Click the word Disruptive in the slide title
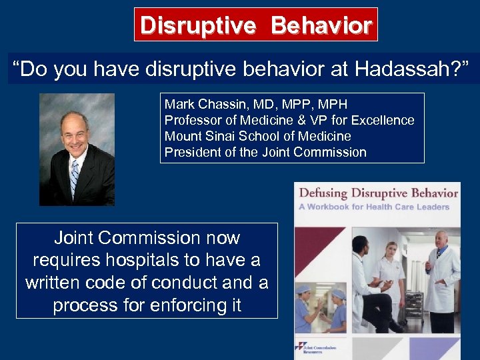(197, 25)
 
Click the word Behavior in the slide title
(321, 25)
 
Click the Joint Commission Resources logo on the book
(320, 348)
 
